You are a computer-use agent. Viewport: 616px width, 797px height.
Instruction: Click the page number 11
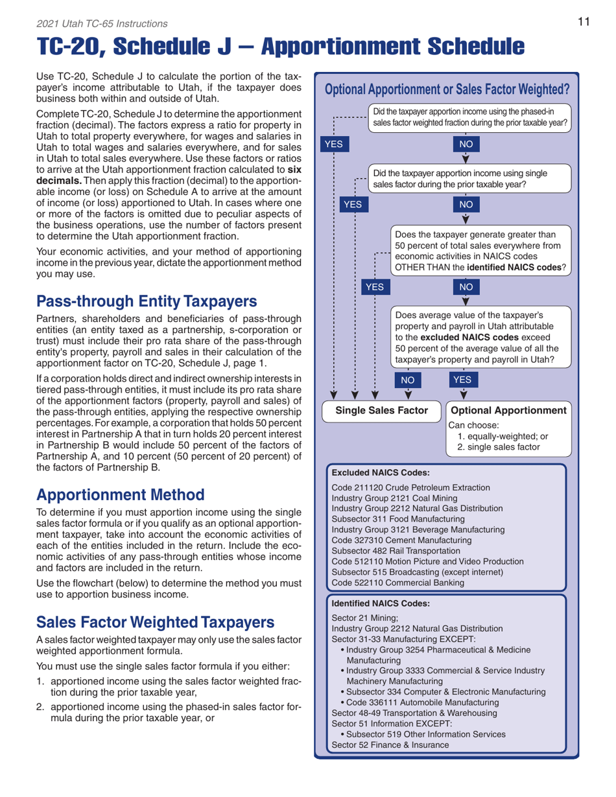[x=583, y=23]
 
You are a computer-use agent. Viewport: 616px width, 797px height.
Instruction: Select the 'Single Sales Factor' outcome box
[x=382, y=410]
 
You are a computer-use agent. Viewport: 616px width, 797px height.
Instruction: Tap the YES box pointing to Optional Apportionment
[x=466, y=378]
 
